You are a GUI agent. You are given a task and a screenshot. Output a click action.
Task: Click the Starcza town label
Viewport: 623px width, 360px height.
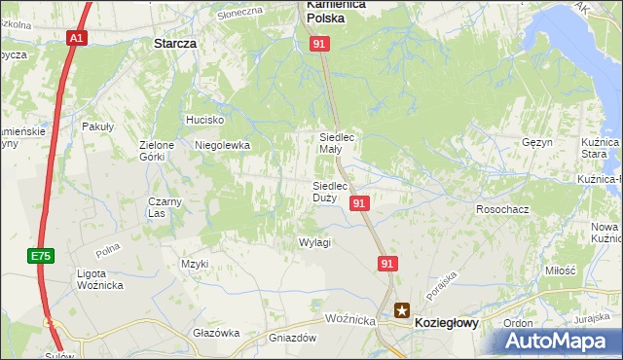(175, 44)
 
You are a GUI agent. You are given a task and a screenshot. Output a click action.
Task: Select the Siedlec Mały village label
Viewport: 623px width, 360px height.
(344, 143)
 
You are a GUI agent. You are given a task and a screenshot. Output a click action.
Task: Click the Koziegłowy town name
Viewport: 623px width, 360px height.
(447, 322)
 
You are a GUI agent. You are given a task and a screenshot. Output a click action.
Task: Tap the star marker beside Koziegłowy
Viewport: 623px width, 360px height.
(402, 311)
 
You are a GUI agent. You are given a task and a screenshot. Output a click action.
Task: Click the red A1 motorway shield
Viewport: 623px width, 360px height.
(77, 38)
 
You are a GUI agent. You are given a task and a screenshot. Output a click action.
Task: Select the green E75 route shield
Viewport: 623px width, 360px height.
(40, 255)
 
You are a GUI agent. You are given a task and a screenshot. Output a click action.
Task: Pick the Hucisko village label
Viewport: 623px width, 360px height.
(205, 120)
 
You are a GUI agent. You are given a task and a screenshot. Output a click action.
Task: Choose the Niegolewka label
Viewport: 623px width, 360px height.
(223, 145)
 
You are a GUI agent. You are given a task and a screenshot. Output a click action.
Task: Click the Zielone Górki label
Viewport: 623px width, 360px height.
(156, 150)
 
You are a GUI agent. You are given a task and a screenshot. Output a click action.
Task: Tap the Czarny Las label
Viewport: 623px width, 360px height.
(165, 207)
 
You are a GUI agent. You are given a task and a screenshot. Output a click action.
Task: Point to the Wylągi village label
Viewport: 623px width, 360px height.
(314, 242)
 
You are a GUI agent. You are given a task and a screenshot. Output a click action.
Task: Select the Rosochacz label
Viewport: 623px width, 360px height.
(501, 209)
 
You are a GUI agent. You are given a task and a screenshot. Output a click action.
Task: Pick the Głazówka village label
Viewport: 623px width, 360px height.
(216, 333)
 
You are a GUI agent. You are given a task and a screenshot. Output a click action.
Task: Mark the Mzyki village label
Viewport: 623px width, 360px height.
(195, 264)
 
